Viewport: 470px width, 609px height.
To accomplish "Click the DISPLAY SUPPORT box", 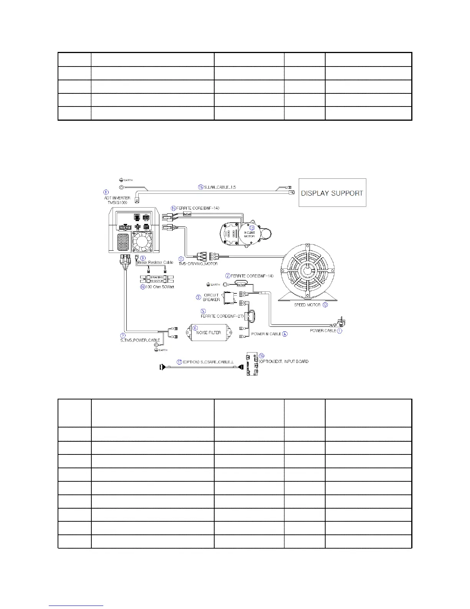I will (332, 193).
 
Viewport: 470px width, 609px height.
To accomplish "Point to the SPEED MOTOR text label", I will (307, 305).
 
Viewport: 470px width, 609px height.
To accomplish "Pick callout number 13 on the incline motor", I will (252, 228).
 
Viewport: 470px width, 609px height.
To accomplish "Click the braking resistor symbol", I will (157, 279).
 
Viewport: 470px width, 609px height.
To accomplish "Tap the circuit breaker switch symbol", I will (230, 297).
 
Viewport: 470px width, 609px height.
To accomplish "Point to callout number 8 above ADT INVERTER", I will (106, 192).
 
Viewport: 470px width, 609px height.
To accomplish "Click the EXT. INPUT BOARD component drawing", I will (252, 364).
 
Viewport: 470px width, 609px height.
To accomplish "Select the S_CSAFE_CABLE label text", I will (208, 362).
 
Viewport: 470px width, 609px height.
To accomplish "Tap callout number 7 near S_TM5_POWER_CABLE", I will (123, 335).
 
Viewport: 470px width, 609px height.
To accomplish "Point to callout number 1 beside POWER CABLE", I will (339, 331).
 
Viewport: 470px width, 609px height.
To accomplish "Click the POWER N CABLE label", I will (266, 334).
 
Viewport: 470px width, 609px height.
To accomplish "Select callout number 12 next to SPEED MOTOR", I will (325, 305).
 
